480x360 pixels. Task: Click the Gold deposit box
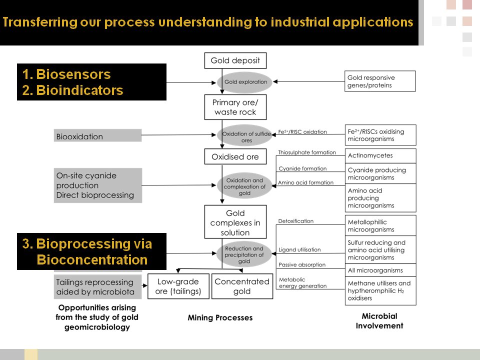click(x=235, y=60)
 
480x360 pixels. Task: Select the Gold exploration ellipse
click(x=245, y=82)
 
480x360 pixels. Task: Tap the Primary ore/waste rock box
click(x=235, y=107)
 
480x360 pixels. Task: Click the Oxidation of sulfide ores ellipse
click(x=245, y=135)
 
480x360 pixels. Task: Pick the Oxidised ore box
click(x=235, y=156)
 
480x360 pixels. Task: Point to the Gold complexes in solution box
click(x=235, y=222)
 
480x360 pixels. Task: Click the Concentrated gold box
click(x=242, y=286)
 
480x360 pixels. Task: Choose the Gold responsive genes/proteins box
click(x=380, y=81)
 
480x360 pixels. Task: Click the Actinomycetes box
click(x=380, y=155)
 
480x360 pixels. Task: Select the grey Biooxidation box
click(x=97, y=136)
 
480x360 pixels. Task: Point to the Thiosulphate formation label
click(x=307, y=152)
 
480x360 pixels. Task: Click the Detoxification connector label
click(x=296, y=221)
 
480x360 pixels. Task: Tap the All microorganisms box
click(x=380, y=270)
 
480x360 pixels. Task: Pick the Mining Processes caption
click(x=220, y=317)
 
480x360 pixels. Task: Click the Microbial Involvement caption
click(x=379, y=321)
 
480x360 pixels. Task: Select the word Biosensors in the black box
click(x=73, y=74)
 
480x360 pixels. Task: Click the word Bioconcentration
click(x=92, y=260)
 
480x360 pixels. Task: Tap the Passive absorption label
click(x=302, y=264)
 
